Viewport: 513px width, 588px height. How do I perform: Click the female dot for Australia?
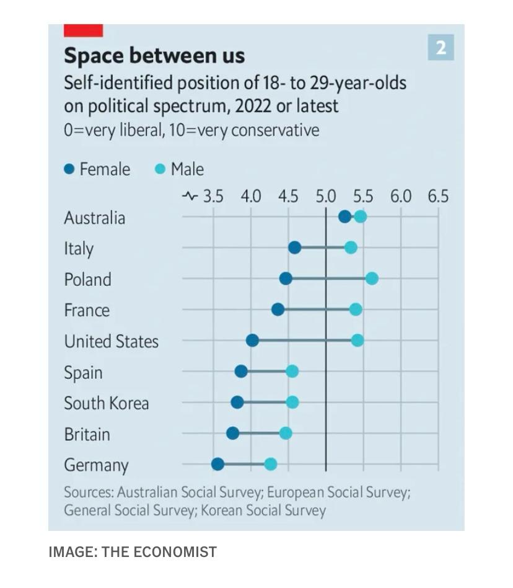(344, 216)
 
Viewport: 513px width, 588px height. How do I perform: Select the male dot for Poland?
(372, 278)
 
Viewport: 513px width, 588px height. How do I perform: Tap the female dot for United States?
(252, 341)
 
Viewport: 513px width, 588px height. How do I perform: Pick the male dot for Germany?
(270, 465)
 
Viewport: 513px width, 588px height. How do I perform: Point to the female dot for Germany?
(217, 465)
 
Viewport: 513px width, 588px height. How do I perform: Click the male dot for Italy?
(351, 247)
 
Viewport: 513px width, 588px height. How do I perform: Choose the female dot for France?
(278, 310)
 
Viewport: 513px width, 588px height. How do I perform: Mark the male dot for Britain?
(286, 433)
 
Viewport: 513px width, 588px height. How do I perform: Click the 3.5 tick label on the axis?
(213, 197)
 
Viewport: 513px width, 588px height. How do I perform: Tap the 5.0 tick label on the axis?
(325, 197)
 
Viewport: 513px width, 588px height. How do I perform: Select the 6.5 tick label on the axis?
(437, 197)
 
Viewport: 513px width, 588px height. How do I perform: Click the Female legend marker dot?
(69, 169)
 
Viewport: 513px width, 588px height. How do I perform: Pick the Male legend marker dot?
(160, 169)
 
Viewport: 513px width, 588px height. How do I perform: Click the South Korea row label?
(107, 403)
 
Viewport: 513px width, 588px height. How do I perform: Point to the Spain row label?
(83, 372)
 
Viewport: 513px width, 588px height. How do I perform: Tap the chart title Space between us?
(154, 56)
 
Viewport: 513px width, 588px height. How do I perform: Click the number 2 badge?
(441, 48)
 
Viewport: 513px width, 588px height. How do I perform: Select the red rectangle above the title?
(83, 30)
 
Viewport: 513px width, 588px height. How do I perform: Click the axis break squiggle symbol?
(190, 197)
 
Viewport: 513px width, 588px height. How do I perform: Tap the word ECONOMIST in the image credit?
(182, 552)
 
